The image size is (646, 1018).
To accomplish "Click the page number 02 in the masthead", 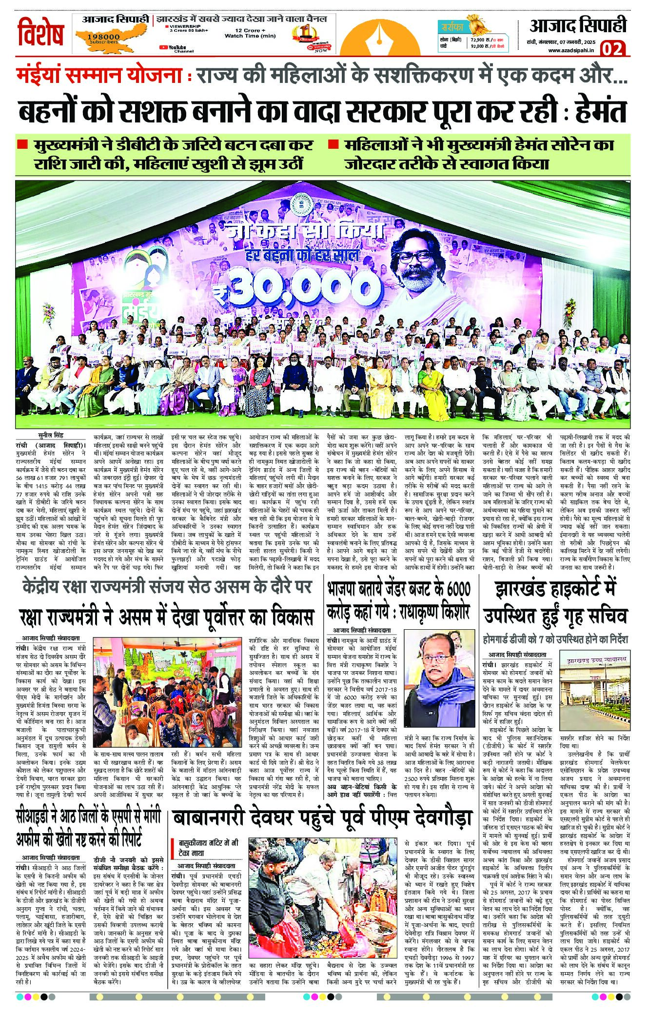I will coord(612,49).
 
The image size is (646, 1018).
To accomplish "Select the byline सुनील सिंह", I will coord(52,435).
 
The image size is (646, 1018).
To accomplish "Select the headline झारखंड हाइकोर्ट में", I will coord(555,589).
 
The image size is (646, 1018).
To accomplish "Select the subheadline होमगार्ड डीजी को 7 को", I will coord(555,639).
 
